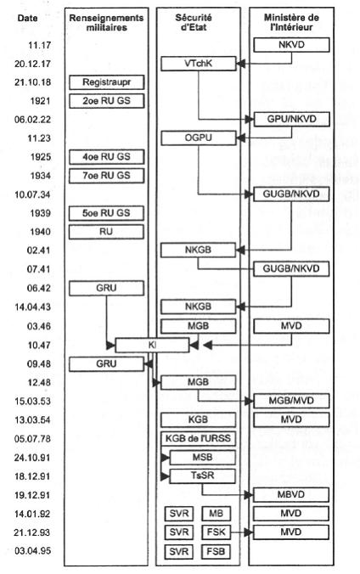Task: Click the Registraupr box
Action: point(107,82)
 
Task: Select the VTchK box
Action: point(199,64)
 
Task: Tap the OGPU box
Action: point(199,138)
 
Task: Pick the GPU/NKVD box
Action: point(291,120)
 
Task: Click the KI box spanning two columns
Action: point(152,346)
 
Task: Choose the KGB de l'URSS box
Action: point(198,438)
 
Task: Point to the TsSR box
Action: point(203,476)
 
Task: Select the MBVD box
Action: point(291,494)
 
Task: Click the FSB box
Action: point(216,551)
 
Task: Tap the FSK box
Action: point(216,532)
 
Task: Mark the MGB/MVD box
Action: point(291,401)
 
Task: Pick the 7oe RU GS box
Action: point(107,176)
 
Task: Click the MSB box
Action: point(203,457)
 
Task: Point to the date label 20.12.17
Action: point(32,64)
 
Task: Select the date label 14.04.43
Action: point(32,307)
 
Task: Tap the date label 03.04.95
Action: point(32,551)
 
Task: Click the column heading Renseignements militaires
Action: point(107,23)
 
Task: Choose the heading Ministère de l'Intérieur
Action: point(291,22)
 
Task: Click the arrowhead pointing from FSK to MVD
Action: point(249,532)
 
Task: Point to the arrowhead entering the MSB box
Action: point(165,458)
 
